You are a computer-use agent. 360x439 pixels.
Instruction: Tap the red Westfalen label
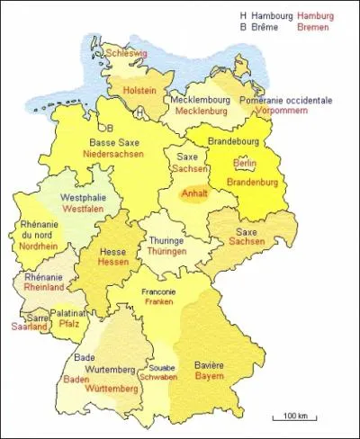pyautogui.click(x=82, y=209)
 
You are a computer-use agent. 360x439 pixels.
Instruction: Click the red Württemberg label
pyautogui.click(x=112, y=390)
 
